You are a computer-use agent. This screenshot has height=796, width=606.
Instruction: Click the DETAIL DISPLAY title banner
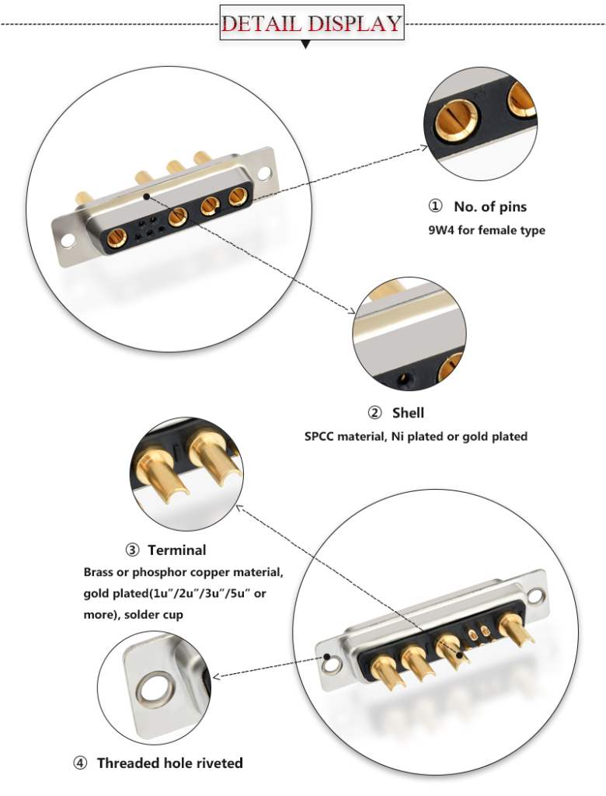(x=312, y=23)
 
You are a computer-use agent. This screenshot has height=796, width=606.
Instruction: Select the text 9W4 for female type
(x=486, y=230)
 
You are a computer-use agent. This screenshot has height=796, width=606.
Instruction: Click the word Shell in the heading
(x=408, y=413)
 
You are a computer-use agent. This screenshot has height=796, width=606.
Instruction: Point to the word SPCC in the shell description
(x=320, y=437)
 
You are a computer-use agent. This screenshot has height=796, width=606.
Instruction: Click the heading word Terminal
(x=177, y=550)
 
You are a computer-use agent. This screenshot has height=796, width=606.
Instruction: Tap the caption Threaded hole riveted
(x=169, y=763)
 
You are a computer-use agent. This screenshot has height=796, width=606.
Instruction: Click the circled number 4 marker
(x=81, y=763)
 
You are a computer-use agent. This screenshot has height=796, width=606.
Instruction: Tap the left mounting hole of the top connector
(x=66, y=239)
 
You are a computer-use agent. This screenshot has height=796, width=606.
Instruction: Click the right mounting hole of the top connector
(x=267, y=173)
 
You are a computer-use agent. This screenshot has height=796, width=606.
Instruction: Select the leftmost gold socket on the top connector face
(x=119, y=233)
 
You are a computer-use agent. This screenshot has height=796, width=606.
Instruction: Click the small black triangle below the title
(x=306, y=45)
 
